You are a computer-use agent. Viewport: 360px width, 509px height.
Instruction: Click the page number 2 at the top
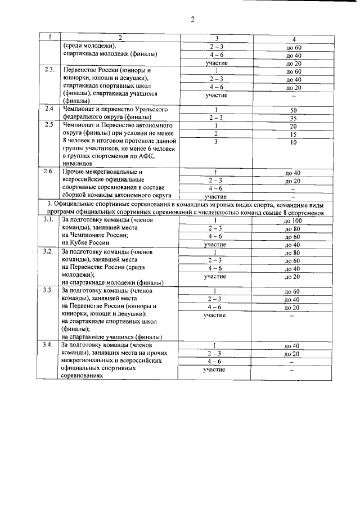pos(192,19)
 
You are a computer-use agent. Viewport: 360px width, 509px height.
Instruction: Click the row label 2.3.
pos(49,70)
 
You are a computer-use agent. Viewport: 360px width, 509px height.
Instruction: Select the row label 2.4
pos(49,108)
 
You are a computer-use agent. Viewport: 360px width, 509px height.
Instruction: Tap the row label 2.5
pos(49,124)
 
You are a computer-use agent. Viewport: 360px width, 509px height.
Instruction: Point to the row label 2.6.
pos(49,171)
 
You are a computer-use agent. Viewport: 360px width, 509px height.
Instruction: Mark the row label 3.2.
pos(49,251)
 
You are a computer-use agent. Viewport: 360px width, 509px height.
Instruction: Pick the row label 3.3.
pos(49,290)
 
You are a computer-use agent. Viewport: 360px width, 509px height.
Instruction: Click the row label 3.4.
pos(49,344)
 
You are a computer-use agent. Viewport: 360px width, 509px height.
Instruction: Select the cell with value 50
pos(292,111)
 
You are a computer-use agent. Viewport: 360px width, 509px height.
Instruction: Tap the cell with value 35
pos(292,119)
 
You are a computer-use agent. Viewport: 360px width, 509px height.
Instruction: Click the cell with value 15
pos(292,135)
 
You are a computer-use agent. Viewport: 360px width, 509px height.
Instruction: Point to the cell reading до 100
pos(292,221)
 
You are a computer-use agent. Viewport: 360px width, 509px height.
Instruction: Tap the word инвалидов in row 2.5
pos(78,163)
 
